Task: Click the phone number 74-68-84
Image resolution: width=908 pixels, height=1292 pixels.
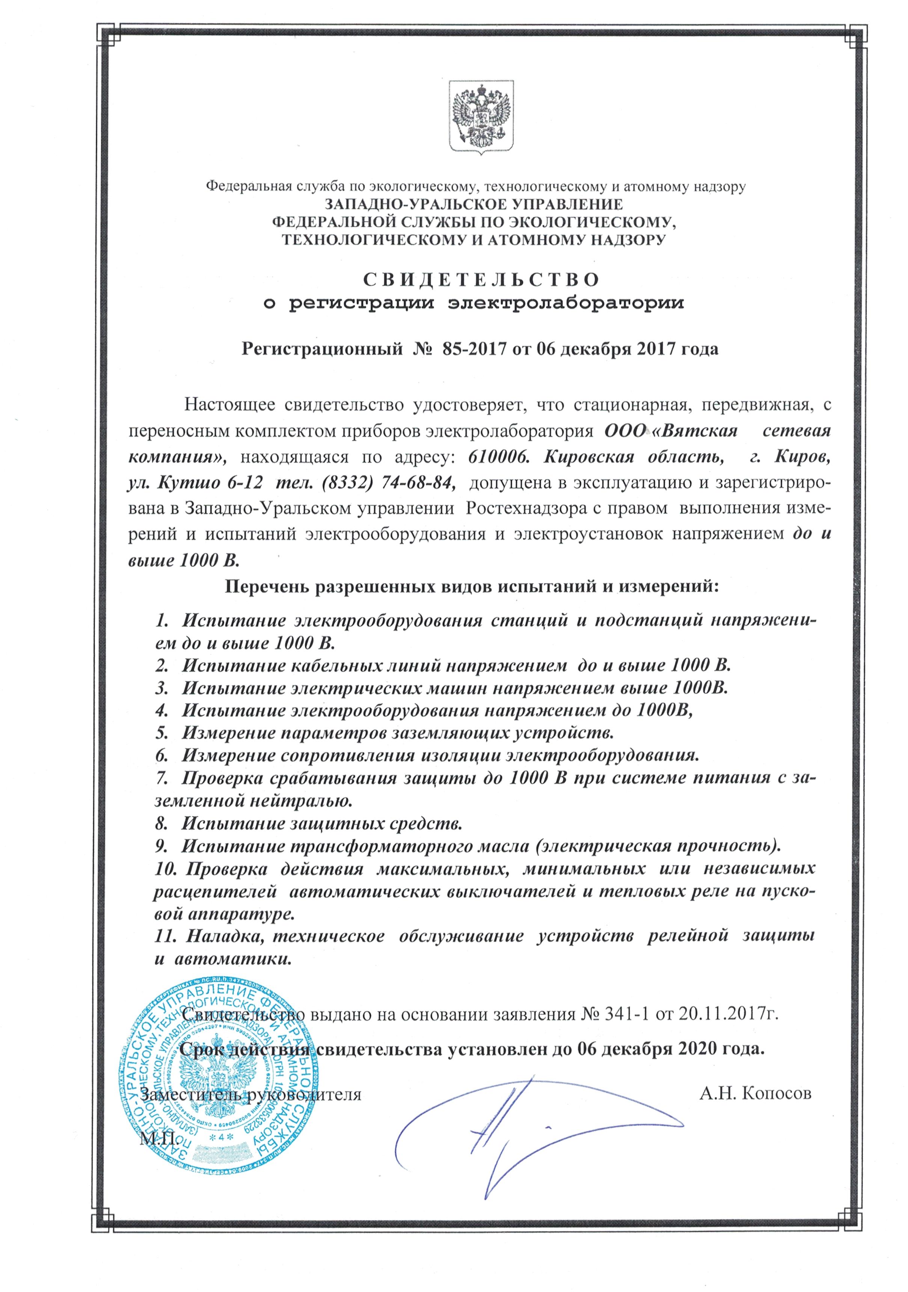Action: tap(416, 482)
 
